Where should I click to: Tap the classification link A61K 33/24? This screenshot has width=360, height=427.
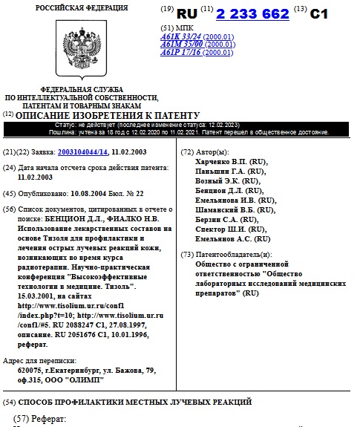[181, 35]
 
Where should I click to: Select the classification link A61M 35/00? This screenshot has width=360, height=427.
[181, 44]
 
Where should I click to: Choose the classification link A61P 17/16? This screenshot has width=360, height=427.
[181, 53]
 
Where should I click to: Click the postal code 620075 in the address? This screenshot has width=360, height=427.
[30, 368]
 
